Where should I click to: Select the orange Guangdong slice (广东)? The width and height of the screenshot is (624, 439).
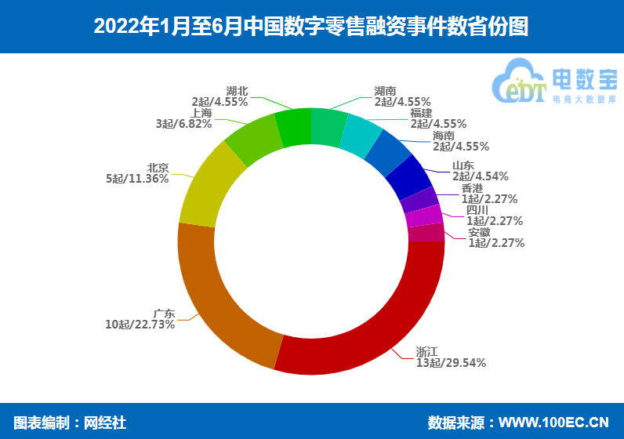coord(219,298)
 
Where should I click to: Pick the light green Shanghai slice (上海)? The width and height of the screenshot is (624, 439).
coord(253,139)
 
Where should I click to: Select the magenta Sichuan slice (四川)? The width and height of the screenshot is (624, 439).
coord(424,216)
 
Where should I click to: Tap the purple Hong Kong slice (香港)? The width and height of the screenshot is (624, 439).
coord(419,200)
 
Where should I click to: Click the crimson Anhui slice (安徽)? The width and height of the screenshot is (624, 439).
coord(426,232)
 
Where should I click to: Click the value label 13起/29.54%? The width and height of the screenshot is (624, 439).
coord(451,363)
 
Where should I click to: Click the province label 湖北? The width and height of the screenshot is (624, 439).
coord(238,91)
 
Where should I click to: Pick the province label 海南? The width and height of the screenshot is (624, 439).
coord(444,136)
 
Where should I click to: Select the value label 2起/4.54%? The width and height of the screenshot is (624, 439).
coord(480,176)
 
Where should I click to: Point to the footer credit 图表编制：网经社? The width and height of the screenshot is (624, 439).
coord(70,423)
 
